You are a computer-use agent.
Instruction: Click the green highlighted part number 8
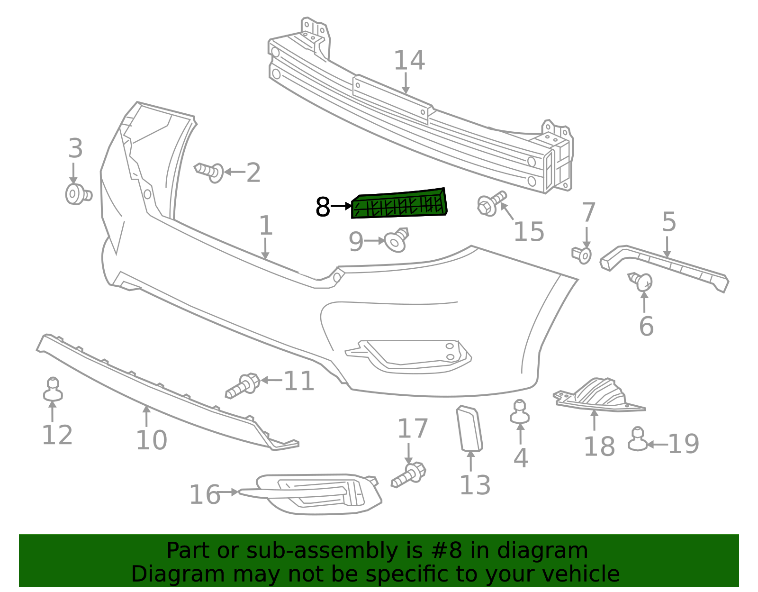399,204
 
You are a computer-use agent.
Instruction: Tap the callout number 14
409,61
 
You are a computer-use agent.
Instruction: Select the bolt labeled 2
210,171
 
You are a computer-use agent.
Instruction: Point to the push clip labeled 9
397,240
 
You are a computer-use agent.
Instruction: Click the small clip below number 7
582,255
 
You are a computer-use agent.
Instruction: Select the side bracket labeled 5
666,268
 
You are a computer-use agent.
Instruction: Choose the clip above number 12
53,389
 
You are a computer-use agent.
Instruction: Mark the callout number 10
151,440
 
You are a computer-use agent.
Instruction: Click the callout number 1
266,226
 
